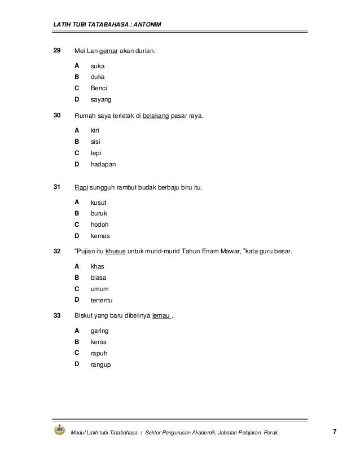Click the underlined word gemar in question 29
click(x=108, y=52)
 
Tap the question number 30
click(x=57, y=116)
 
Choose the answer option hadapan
click(x=104, y=165)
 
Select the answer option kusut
click(x=99, y=202)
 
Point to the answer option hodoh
click(x=99, y=225)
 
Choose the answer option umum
click(x=99, y=289)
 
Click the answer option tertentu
click(x=102, y=300)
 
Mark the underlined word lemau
click(x=161, y=316)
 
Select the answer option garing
click(x=100, y=331)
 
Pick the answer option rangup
click(x=101, y=364)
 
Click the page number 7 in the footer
click(x=335, y=432)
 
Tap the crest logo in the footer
click(x=59, y=431)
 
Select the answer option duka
click(x=98, y=77)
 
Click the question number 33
click(x=57, y=316)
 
